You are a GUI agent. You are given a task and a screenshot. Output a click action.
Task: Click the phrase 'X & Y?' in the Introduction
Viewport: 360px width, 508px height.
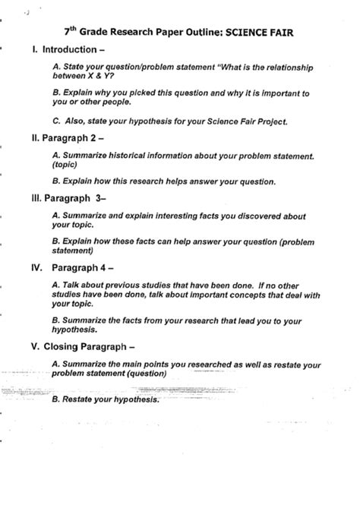click(112, 77)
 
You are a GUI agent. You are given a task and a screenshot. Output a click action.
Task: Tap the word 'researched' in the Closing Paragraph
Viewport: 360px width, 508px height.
click(206, 365)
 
